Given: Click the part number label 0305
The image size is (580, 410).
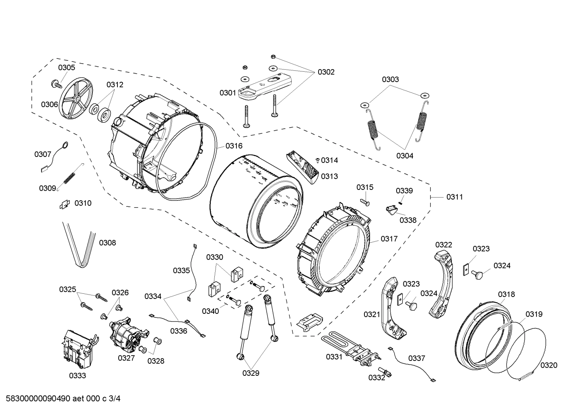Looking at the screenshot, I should coord(66,68).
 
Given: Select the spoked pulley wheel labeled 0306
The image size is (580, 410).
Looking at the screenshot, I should coord(76,98).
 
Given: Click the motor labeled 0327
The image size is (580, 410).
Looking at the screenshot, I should coord(128,332).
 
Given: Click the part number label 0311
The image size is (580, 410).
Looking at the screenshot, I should coord(454,197).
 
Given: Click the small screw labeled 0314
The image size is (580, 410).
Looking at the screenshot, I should coord(317,160).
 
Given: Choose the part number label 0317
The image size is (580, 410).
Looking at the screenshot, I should coord(389,239).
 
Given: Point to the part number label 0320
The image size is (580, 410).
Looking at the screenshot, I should coord(549,365).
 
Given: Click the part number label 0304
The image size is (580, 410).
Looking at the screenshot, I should coord(404,156).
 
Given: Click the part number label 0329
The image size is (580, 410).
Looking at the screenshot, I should coord(251,373).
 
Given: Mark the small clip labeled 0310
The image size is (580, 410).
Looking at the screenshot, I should coord(64,205).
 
